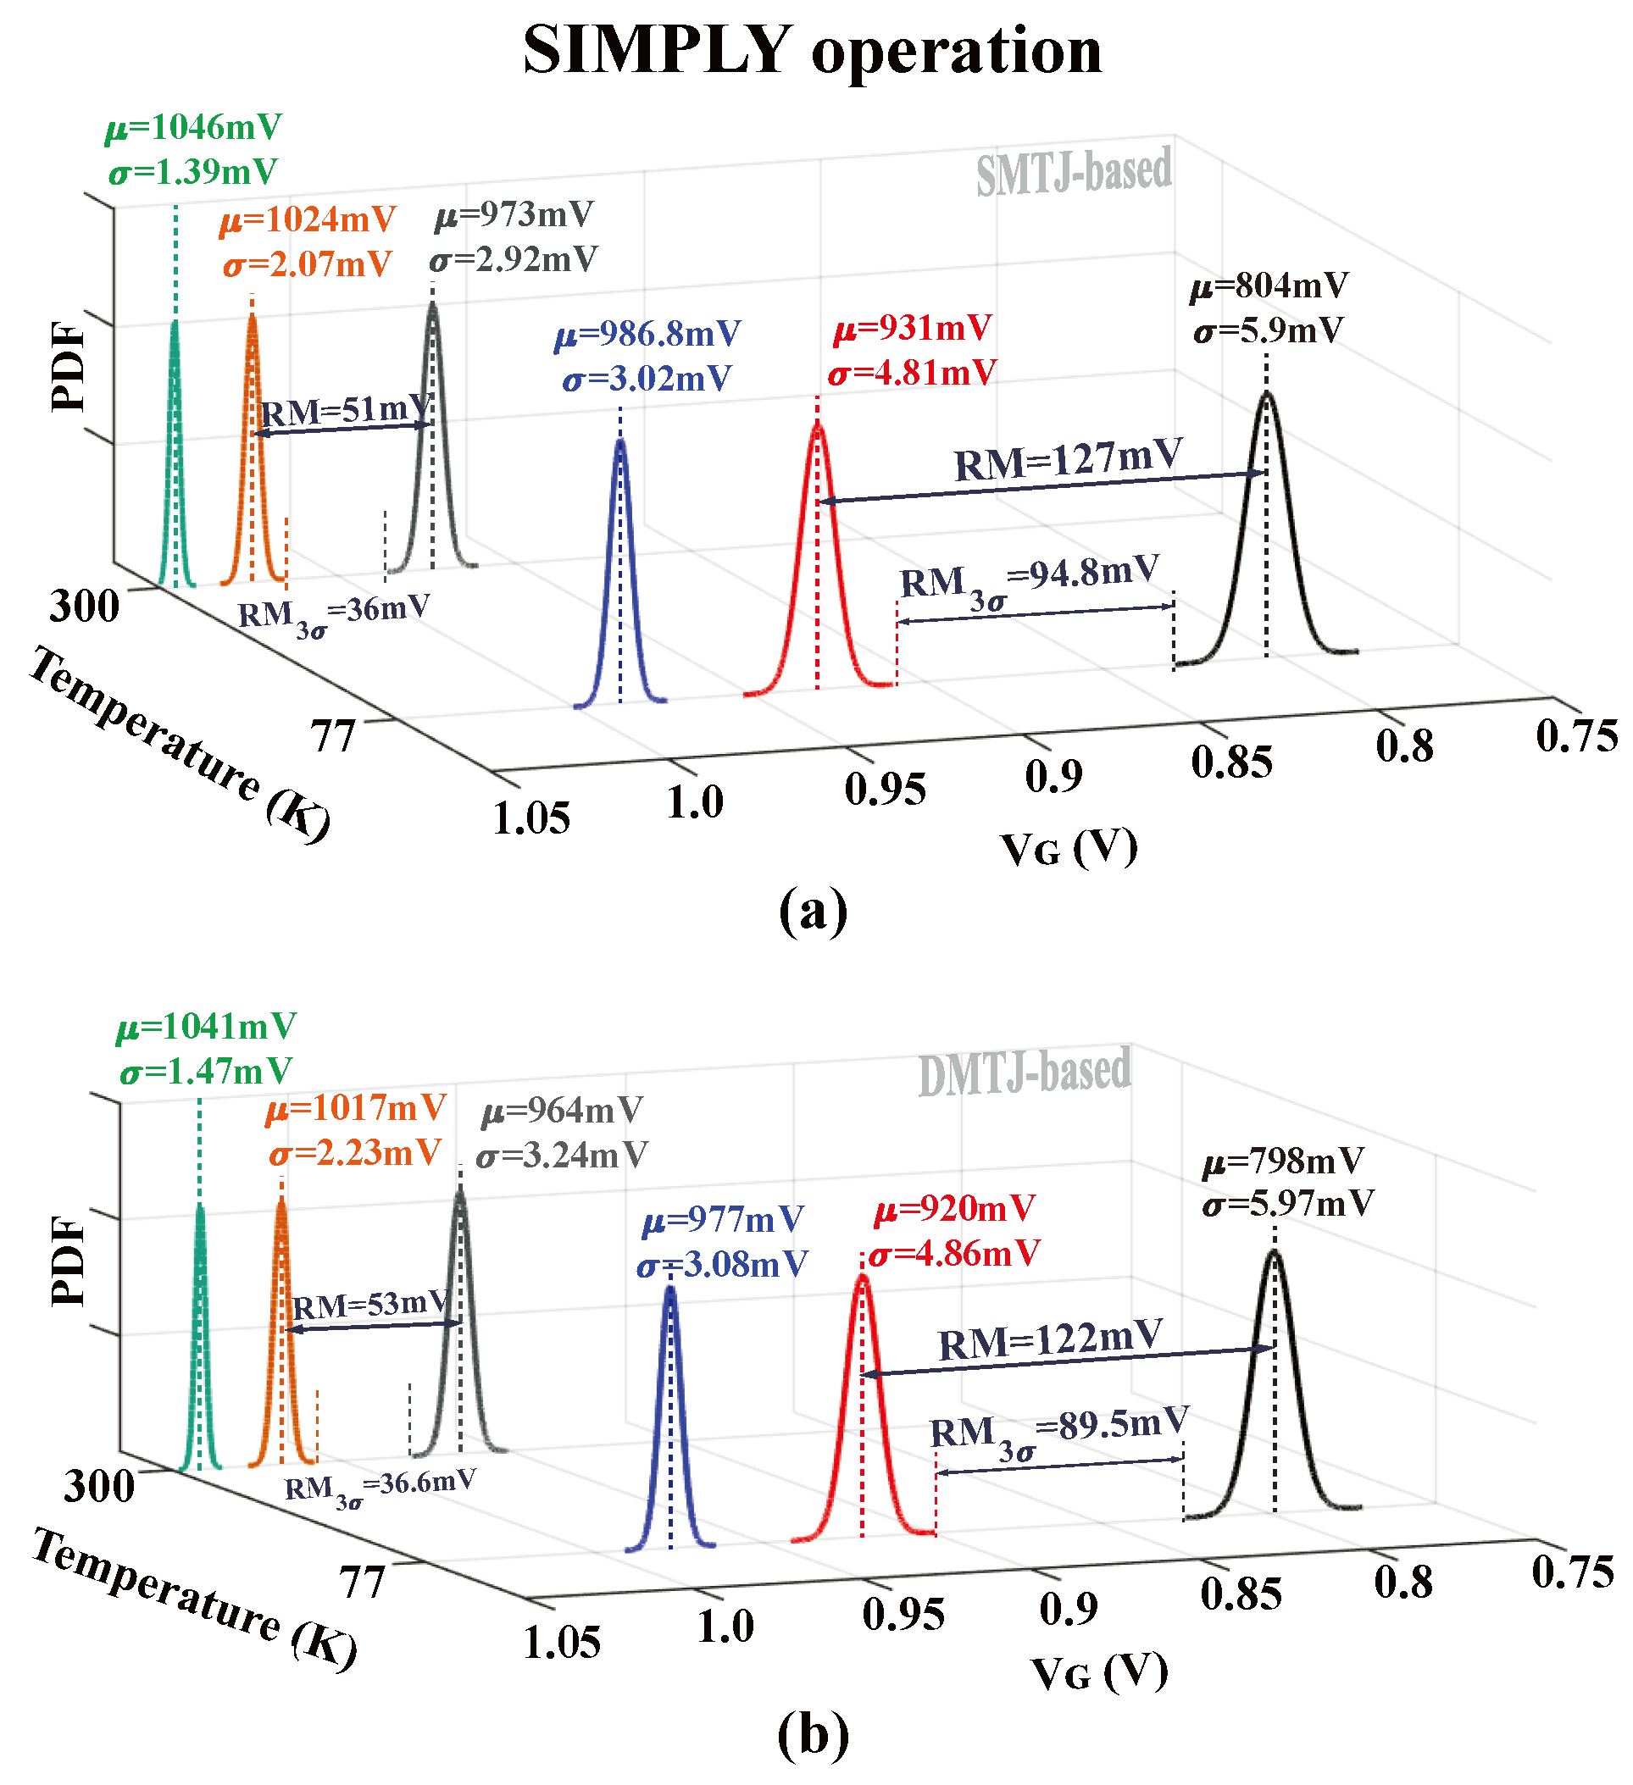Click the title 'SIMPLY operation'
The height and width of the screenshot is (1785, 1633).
click(812, 51)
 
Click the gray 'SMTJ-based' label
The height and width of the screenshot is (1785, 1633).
click(1074, 172)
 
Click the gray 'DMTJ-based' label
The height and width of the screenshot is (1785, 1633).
click(1024, 1073)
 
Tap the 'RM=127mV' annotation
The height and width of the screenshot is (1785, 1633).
click(1067, 460)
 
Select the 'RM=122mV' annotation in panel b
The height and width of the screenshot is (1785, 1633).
click(1050, 1339)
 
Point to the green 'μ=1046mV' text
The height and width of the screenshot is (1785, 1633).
click(193, 129)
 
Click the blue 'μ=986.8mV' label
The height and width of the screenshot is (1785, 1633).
click(647, 335)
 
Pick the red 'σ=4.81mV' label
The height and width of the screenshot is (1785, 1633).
click(912, 373)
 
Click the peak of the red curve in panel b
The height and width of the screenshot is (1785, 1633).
click(863, 1277)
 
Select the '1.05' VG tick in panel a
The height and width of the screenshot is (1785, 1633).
click(531, 819)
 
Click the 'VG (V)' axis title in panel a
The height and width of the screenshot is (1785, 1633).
click(1069, 849)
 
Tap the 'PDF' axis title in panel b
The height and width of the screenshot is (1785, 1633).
click(69, 1260)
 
